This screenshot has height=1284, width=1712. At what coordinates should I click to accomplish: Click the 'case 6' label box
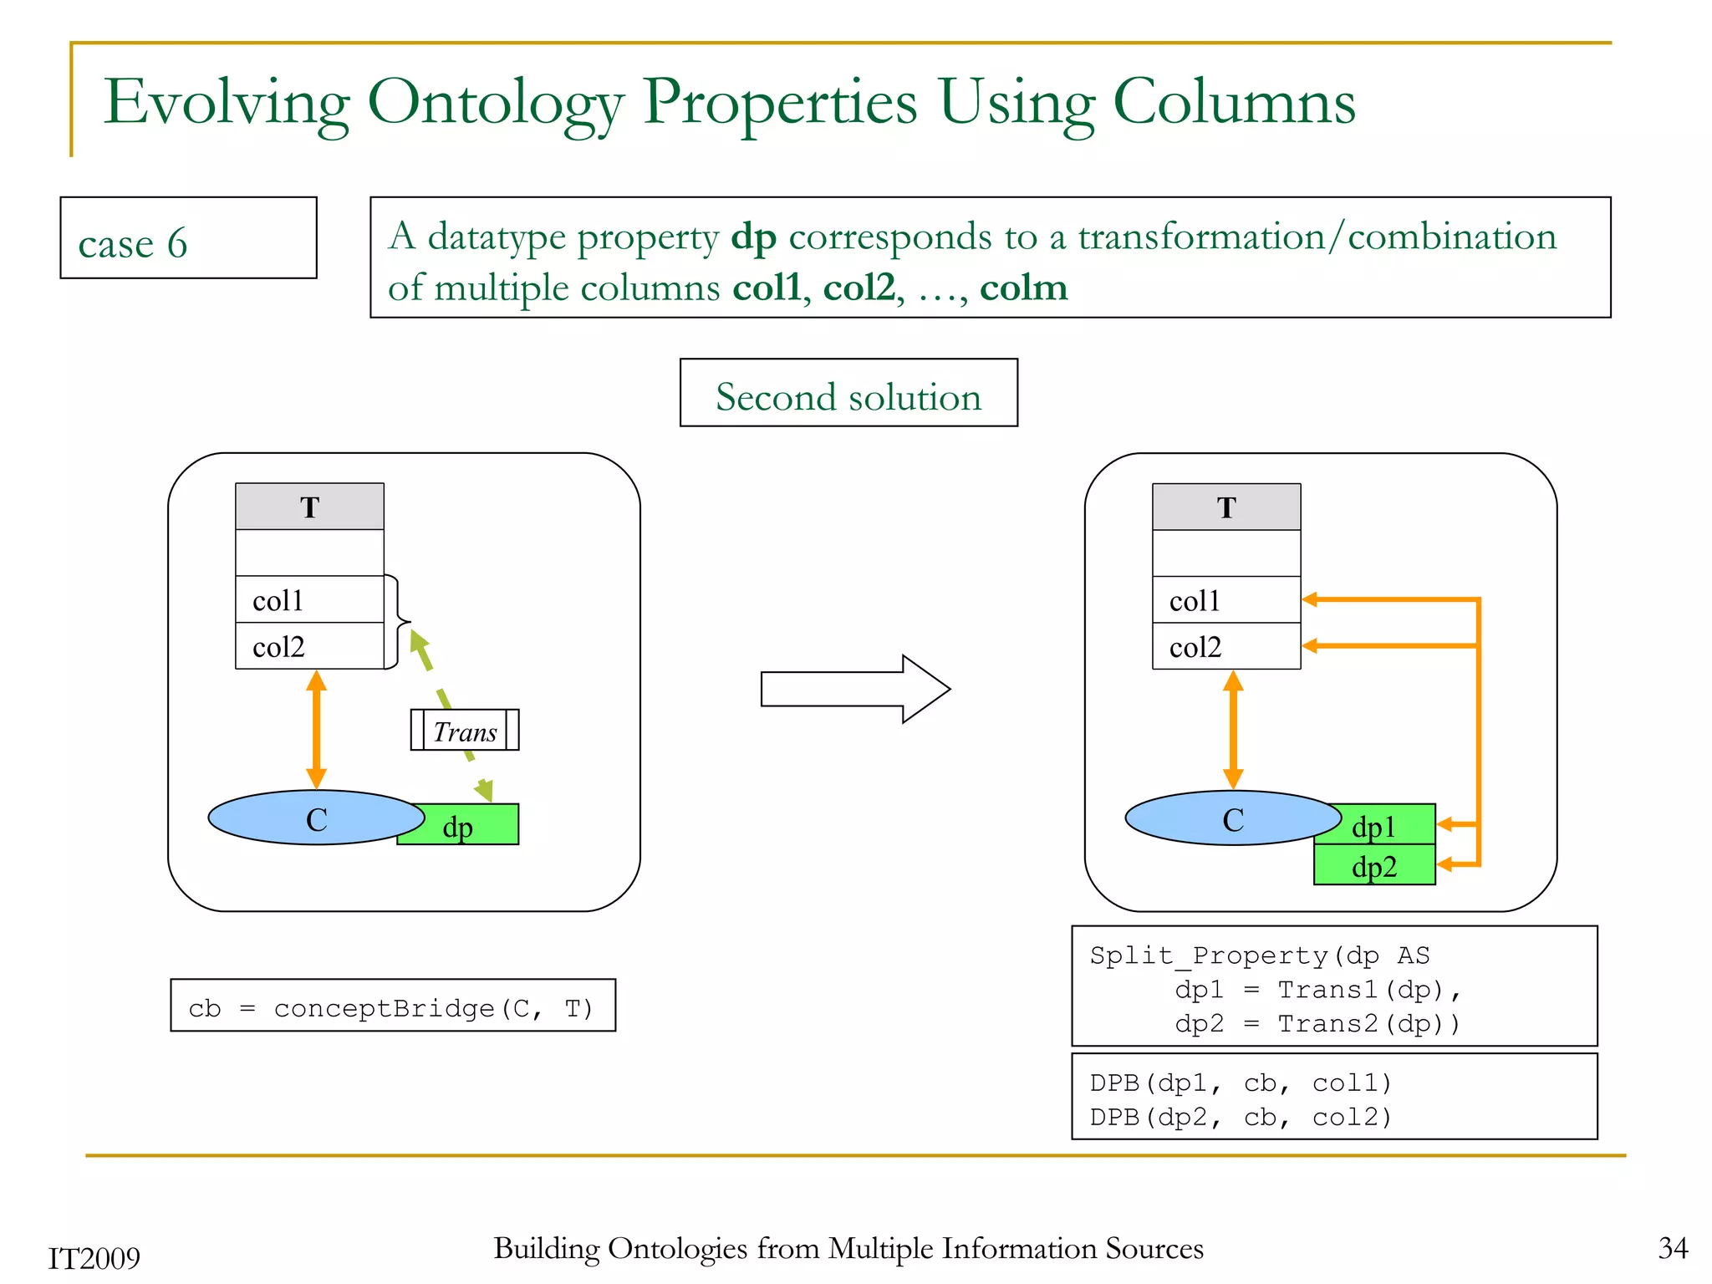click(x=188, y=238)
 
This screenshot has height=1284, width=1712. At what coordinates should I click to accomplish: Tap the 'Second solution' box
click(x=848, y=394)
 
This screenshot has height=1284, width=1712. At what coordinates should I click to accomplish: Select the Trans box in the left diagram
click(x=465, y=731)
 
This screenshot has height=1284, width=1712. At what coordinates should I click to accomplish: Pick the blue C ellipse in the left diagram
click(x=316, y=818)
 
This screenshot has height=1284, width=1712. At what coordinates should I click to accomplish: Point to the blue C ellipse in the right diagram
click(x=1232, y=818)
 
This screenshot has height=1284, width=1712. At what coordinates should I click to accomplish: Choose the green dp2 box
click(x=1374, y=866)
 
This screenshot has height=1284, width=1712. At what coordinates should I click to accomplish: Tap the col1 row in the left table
click(x=309, y=599)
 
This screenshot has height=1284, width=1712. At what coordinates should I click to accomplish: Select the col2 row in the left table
click(x=309, y=646)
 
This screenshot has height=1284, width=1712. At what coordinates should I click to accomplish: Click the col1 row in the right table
click(x=1226, y=599)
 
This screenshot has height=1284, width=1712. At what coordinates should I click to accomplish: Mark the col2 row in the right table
click(x=1226, y=646)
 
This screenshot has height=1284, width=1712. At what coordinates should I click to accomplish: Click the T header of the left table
click(x=309, y=507)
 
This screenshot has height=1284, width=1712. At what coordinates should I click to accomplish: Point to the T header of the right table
click(x=1226, y=507)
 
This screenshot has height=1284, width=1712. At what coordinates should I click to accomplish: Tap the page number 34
click(x=1673, y=1249)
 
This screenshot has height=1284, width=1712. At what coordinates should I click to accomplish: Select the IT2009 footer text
click(x=94, y=1258)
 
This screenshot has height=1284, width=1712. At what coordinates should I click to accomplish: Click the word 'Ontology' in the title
click(x=495, y=104)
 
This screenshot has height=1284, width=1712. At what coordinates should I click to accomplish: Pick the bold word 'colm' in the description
click(x=1023, y=288)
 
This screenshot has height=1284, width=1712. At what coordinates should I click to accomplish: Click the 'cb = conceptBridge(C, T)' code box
click(x=393, y=1006)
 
